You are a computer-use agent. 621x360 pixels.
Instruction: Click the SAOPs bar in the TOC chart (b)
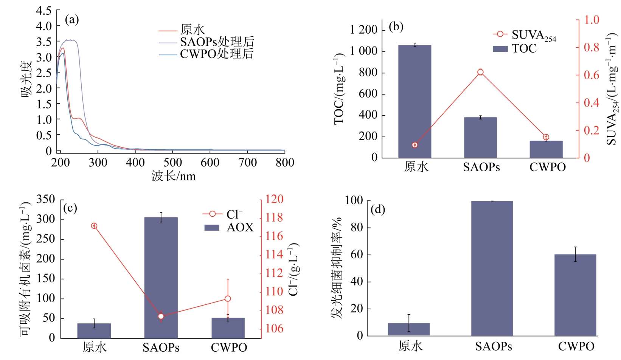tap(480, 138)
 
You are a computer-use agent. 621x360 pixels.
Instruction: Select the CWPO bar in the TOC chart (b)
tap(546, 149)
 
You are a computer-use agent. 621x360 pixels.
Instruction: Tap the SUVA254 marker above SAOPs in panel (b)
tap(480, 72)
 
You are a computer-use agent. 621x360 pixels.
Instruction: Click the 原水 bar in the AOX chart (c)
tap(94, 331)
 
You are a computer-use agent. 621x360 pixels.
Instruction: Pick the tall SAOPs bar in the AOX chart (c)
tap(161, 278)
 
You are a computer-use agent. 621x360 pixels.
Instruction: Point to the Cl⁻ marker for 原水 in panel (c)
tap(94, 226)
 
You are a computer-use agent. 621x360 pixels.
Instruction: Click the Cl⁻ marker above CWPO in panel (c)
tap(228, 299)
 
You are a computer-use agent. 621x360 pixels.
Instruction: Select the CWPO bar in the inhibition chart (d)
tap(575, 295)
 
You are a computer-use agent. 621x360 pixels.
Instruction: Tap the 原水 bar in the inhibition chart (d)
tap(409, 329)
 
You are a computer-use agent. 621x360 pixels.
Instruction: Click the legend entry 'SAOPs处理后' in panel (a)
tap(217, 42)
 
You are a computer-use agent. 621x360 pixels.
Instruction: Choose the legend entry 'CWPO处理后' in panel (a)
tap(216, 54)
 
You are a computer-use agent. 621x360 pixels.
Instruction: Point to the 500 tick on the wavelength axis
tap(172, 163)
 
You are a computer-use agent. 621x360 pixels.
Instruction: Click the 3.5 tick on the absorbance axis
tap(44, 42)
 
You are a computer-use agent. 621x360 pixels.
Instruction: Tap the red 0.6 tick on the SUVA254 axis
tap(592, 75)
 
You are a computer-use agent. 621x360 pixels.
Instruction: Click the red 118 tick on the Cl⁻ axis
tap(274, 217)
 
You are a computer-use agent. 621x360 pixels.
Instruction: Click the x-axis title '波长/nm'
tap(174, 176)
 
